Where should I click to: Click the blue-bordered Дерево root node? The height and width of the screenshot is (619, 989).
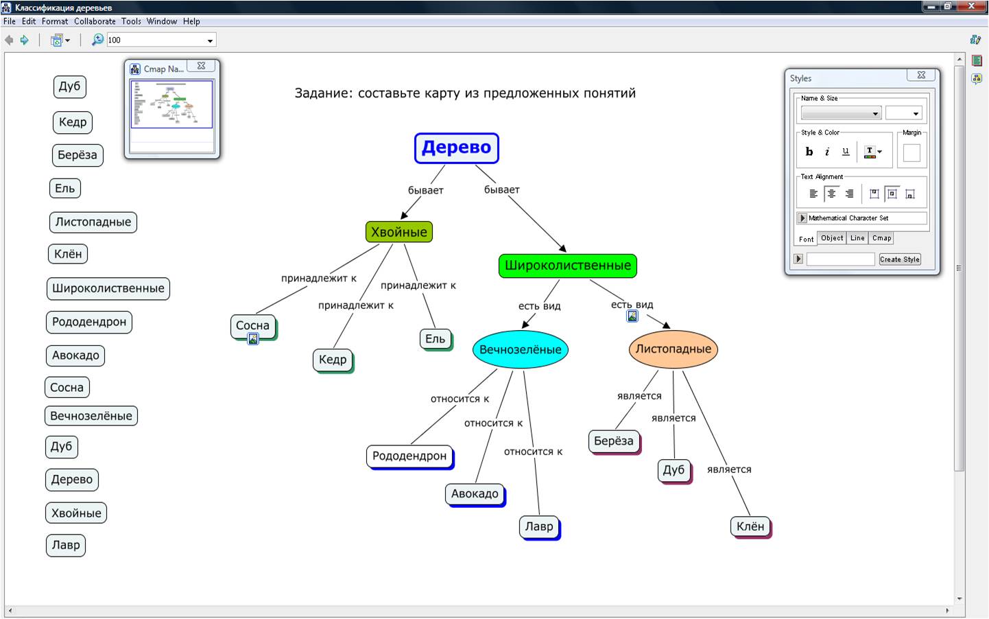(457, 148)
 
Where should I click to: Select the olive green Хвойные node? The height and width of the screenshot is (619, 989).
(399, 231)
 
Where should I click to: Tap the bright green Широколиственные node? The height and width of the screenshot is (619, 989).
(568, 266)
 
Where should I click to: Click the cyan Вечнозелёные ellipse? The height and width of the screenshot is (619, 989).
(520, 349)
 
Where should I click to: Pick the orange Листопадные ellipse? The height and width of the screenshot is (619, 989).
(674, 349)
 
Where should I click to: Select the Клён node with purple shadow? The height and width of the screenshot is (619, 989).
(750, 526)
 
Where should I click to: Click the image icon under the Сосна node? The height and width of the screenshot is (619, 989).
(253, 339)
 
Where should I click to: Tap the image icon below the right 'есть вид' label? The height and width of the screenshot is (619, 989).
(632, 316)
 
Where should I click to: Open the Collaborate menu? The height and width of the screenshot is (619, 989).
(95, 21)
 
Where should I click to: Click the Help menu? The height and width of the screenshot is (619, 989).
(191, 21)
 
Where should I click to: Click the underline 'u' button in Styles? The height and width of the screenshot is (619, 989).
(846, 152)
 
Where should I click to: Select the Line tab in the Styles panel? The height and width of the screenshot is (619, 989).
(857, 237)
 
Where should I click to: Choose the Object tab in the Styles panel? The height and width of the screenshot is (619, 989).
(832, 237)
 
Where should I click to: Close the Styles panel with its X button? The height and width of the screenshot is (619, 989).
(921, 75)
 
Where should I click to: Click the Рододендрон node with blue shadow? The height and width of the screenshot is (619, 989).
(409, 456)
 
